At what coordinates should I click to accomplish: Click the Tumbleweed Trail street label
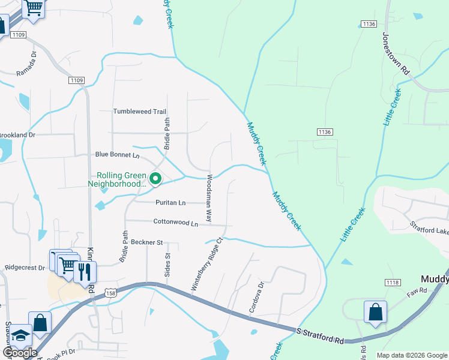point(139,112)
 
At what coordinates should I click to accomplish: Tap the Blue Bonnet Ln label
point(117,155)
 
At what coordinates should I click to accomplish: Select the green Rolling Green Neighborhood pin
point(155,178)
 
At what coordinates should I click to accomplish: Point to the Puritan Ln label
point(169,203)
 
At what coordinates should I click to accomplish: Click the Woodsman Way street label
point(209,199)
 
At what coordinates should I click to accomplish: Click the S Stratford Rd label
point(321,335)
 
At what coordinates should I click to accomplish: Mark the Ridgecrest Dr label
point(25,267)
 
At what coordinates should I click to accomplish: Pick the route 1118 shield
point(393,283)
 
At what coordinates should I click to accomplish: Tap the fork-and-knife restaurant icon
point(85,272)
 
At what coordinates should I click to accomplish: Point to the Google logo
point(20,353)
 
